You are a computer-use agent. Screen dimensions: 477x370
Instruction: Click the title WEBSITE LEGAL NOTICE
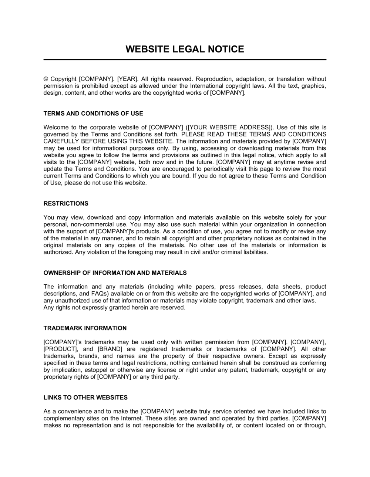click(x=185, y=49)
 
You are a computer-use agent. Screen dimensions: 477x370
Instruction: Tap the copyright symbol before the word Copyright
click(x=46, y=79)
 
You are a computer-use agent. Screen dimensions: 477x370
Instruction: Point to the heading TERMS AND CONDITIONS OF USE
click(x=93, y=114)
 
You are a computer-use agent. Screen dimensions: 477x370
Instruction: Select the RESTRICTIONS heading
click(x=66, y=203)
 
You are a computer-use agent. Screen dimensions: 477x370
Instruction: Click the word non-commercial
click(x=91, y=224)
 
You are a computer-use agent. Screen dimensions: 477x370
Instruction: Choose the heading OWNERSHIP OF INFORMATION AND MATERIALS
click(x=115, y=273)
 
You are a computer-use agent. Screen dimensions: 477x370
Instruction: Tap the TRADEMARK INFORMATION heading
click(x=85, y=328)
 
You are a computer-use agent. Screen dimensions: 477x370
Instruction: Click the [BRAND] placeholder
click(x=110, y=349)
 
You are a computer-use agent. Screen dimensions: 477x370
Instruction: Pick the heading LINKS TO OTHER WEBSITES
click(x=85, y=397)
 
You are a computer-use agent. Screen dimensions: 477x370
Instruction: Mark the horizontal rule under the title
click(x=185, y=60)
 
